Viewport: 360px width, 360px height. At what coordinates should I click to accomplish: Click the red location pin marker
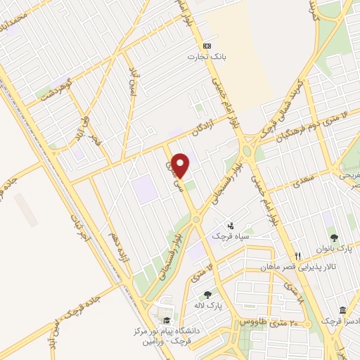coord(181,165)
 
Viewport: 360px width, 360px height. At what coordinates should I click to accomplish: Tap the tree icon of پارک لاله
coord(207,295)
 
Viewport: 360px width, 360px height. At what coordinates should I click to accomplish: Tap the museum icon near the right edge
coord(342,310)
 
